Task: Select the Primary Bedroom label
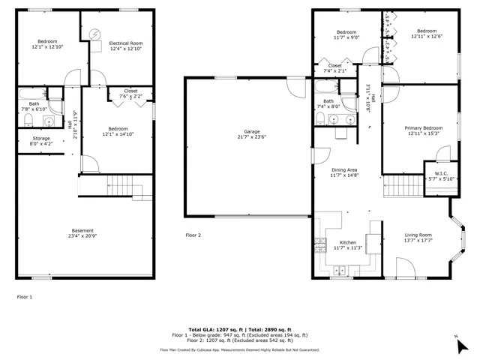[423, 131]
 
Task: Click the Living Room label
[419, 238]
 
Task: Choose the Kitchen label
[348, 245]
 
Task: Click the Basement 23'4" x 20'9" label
[82, 233]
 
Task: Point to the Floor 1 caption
[25, 297]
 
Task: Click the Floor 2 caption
[193, 235]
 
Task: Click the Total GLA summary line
[239, 330]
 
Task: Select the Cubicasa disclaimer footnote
[239, 349]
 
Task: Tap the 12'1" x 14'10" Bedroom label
[117, 131]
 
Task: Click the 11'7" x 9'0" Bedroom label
[346, 34]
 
